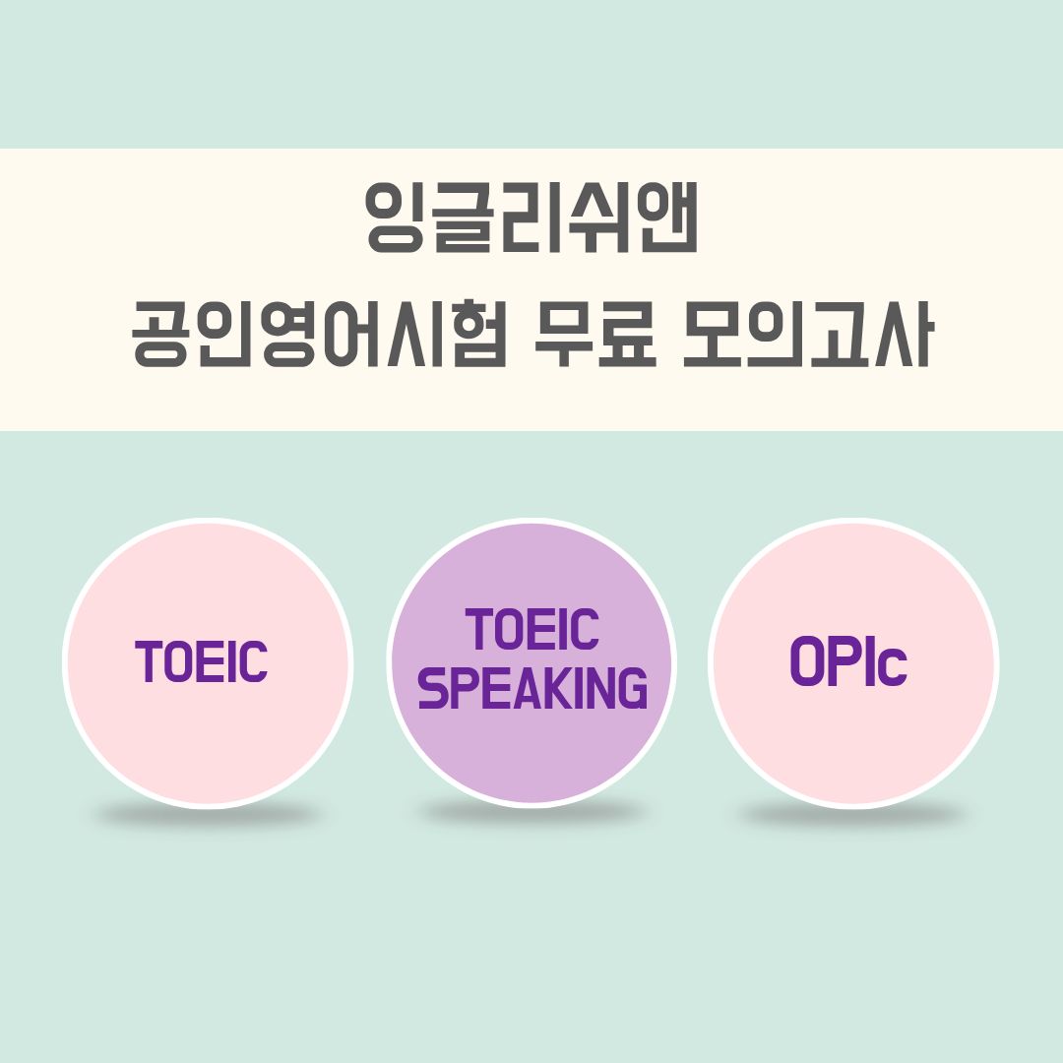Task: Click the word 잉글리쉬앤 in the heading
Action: [531, 218]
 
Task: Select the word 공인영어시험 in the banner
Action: [319, 338]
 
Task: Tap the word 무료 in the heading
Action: [594, 338]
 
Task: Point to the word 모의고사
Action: [807, 338]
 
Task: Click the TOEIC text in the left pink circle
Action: [202, 661]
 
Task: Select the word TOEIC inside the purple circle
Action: [532, 630]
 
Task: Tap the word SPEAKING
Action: [532, 688]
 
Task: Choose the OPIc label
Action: [847, 665]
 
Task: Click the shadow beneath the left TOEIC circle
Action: [207, 814]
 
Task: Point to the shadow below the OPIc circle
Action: [852, 814]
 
